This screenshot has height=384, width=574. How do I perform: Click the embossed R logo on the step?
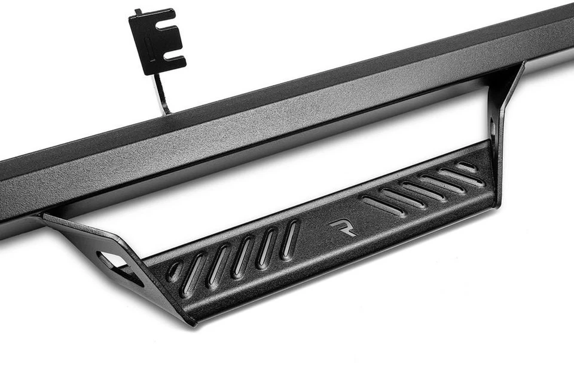coord(342,228)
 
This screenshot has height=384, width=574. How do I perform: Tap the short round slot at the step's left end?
coord(175,272)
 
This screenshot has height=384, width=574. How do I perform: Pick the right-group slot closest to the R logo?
coord(383,205)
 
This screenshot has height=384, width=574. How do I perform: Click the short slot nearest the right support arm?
coord(466,167)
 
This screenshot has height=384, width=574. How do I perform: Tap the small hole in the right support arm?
coord(492,128)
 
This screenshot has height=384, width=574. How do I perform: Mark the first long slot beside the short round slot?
coord(194,275)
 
